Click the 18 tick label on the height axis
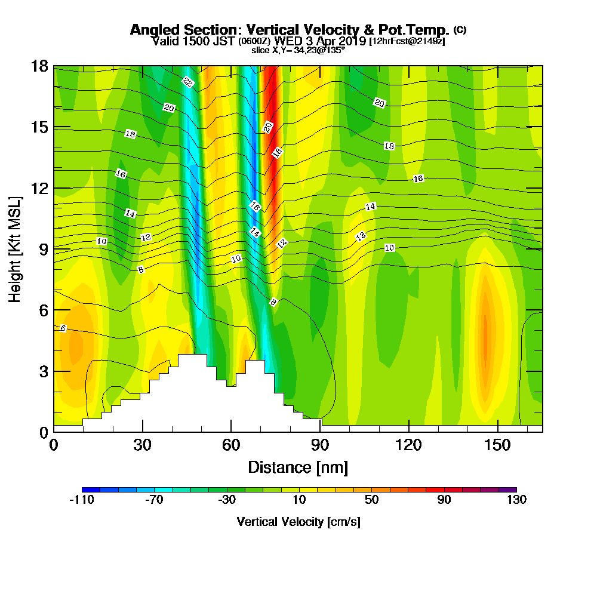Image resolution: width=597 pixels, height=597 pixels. pyautogui.click(x=40, y=66)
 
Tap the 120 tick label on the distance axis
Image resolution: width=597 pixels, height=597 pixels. pyautogui.click(x=408, y=445)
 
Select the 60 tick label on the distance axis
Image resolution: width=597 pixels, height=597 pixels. pyautogui.click(x=231, y=445)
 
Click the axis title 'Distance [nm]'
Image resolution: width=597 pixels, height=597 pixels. pyautogui.click(x=298, y=467)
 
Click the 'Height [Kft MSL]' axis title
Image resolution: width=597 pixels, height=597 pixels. pyautogui.click(x=16, y=248)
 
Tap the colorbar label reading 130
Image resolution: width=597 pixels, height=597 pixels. pyautogui.click(x=516, y=500)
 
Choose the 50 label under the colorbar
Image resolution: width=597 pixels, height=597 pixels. pyautogui.click(x=371, y=500)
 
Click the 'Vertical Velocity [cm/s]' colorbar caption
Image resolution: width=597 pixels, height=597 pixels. pyautogui.click(x=298, y=522)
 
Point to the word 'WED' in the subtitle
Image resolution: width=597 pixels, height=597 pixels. pyautogui.click(x=292, y=41)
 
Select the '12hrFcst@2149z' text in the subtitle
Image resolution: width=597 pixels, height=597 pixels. pyautogui.click(x=407, y=41)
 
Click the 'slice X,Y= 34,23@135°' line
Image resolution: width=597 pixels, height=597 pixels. pyautogui.click(x=298, y=50)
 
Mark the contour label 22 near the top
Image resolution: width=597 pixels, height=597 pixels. pyautogui.click(x=188, y=82)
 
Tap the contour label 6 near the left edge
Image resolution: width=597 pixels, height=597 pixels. pyautogui.click(x=63, y=328)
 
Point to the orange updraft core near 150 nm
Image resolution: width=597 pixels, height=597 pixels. pyautogui.click(x=485, y=334)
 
